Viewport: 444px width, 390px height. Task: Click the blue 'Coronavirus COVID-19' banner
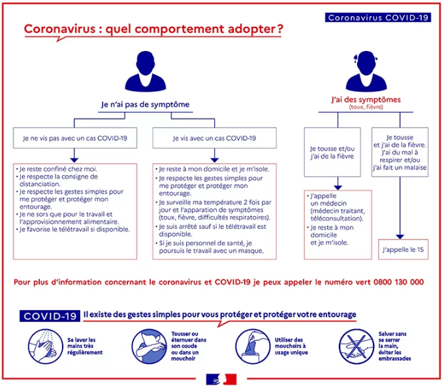click(378, 18)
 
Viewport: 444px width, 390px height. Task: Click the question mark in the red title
click(280, 29)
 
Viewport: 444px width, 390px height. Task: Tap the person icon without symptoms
click(146, 71)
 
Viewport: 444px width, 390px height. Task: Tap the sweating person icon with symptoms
click(366, 71)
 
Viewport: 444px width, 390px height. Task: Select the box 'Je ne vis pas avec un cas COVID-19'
click(75, 138)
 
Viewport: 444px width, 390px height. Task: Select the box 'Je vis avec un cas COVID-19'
click(215, 138)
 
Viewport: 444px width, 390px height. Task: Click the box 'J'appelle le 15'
click(404, 249)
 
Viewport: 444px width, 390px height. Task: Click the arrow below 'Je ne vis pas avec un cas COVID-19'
click(74, 155)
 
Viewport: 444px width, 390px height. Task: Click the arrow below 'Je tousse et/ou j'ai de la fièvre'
click(338, 183)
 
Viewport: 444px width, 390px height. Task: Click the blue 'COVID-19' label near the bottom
click(50, 316)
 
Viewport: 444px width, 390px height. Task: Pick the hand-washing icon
click(45, 346)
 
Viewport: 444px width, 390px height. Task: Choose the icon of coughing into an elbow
click(150, 346)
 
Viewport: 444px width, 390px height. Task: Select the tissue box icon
click(253, 346)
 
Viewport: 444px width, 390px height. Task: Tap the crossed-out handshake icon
click(357, 346)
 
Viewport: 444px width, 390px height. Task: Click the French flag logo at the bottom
click(221, 380)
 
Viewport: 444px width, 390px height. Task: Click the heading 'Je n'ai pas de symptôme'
click(145, 105)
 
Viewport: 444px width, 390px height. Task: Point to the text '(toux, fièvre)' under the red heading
click(366, 107)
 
